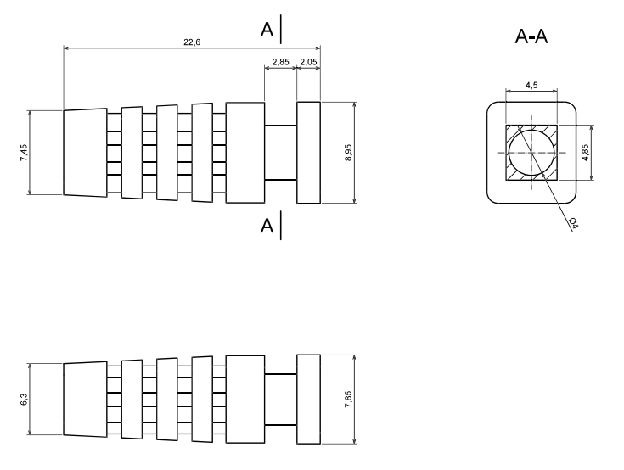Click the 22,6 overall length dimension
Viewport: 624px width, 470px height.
tap(191, 43)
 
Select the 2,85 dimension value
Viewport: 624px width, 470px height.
tap(280, 63)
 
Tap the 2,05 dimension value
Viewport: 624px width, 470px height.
tap(308, 63)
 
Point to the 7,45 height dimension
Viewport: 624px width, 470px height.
tap(25, 153)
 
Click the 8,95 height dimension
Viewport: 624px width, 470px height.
tap(360, 153)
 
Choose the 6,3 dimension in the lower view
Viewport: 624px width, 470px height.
tap(25, 399)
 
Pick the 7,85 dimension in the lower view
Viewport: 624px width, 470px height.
tap(348, 399)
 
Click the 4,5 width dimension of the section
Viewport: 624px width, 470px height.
tap(531, 85)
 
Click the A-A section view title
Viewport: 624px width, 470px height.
tap(531, 37)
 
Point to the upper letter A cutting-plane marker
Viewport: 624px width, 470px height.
tap(267, 31)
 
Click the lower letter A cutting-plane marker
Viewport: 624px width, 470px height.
tap(267, 226)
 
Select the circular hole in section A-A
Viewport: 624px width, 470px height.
tap(531, 153)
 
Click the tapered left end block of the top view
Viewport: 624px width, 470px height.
tap(85, 153)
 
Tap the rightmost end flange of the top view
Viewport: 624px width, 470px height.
tap(308, 153)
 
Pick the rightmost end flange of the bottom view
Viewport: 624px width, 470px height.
tap(308, 399)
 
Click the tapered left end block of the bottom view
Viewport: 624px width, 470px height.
tap(85, 399)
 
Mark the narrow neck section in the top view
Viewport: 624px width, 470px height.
tap(280, 153)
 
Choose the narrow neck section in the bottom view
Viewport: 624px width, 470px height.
tap(280, 399)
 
